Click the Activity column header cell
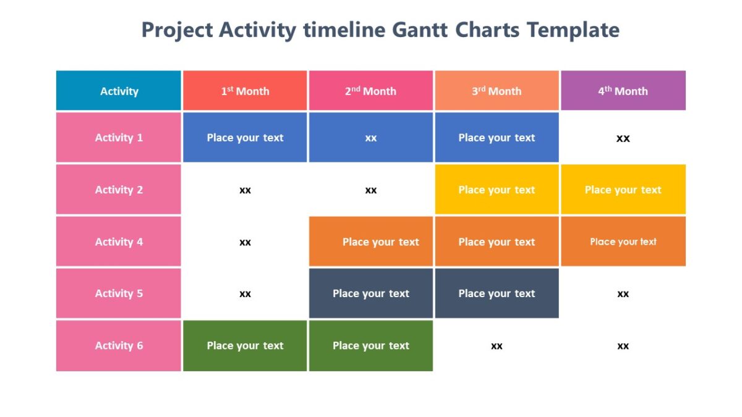point(119,91)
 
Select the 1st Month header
point(245,91)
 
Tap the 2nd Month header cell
point(370,91)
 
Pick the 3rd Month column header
point(497,91)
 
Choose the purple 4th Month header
point(623,91)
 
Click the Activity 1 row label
point(119,138)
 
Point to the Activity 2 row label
point(119,190)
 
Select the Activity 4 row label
point(119,242)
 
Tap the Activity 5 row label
point(119,293)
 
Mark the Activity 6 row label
point(119,345)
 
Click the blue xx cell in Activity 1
point(370,138)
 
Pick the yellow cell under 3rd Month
point(497,190)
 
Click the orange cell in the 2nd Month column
point(371,242)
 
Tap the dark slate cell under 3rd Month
point(497,293)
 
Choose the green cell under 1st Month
point(245,345)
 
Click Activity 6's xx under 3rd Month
point(497,346)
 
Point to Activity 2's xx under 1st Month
point(245,190)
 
